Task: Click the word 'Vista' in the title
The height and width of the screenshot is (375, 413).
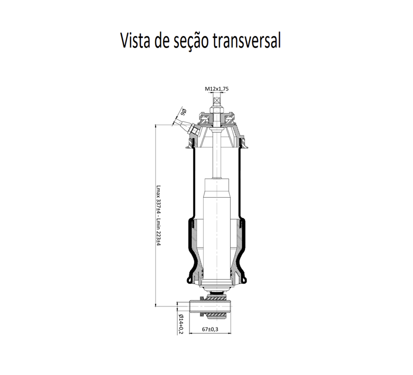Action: (x=136, y=40)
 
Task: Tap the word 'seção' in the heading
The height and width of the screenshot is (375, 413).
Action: (x=190, y=42)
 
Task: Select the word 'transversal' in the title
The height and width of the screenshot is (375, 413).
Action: (x=247, y=41)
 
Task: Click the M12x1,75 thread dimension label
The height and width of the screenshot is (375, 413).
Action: (x=217, y=89)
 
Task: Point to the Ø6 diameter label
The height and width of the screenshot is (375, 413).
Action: (x=184, y=112)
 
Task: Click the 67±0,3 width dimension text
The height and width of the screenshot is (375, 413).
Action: (x=210, y=329)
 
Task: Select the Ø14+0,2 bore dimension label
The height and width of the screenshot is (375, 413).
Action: (x=181, y=324)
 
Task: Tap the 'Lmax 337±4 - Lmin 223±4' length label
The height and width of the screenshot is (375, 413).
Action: (x=158, y=215)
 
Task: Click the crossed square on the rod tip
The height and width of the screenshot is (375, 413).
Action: (x=217, y=101)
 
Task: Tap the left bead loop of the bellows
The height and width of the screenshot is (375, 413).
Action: (x=188, y=280)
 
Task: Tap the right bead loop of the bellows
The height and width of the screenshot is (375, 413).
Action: (x=245, y=280)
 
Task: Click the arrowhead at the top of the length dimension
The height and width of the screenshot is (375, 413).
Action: (x=155, y=126)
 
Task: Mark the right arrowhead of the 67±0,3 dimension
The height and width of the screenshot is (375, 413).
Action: (x=229, y=333)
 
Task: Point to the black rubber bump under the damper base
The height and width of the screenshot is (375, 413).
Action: (x=217, y=293)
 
